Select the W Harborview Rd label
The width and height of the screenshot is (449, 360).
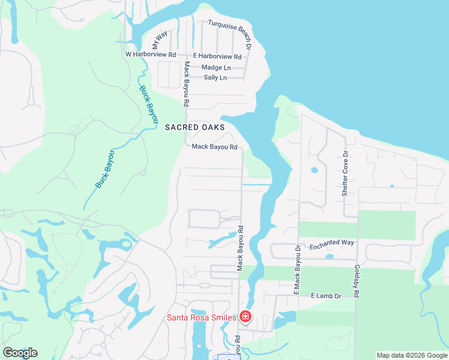pyautogui.click(x=150, y=54)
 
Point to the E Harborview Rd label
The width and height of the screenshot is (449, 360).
pyautogui.click(x=217, y=56)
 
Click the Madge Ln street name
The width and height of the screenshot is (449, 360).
pyautogui.click(x=216, y=67)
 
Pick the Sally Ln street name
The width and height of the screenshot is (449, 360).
pyautogui.click(x=215, y=77)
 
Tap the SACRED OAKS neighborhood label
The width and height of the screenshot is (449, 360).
pyautogui.click(x=195, y=127)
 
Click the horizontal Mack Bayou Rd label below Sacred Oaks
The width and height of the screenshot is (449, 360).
pyautogui.click(x=214, y=146)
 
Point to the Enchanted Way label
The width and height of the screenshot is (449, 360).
pyautogui.click(x=331, y=243)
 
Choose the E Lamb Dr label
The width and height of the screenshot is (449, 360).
pyautogui.click(x=325, y=296)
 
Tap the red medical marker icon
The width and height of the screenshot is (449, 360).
pyautogui.click(x=245, y=316)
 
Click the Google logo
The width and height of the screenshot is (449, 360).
pyautogui.click(x=20, y=352)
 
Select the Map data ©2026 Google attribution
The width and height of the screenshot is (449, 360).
pyautogui.click(x=412, y=355)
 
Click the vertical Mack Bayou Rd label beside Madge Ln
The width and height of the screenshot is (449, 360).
pyautogui.click(x=187, y=84)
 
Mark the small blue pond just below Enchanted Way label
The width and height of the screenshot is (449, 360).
pyautogui.click(x=330, y=257)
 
